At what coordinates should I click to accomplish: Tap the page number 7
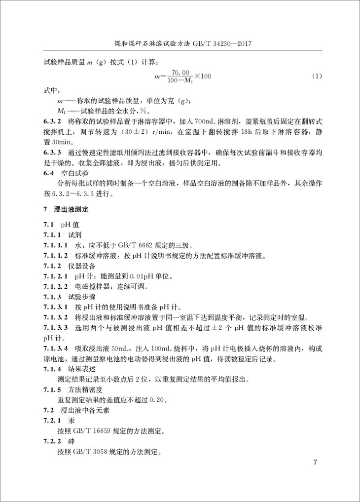pyautogui.click(x=315, y=463)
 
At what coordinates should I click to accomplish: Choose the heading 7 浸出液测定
pyautogui.click(x=65, y=209)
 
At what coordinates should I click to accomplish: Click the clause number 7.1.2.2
pyautogui.click(x=54, y=286)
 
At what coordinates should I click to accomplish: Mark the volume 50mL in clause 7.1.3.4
pyautogui.click(x=116, y=348)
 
